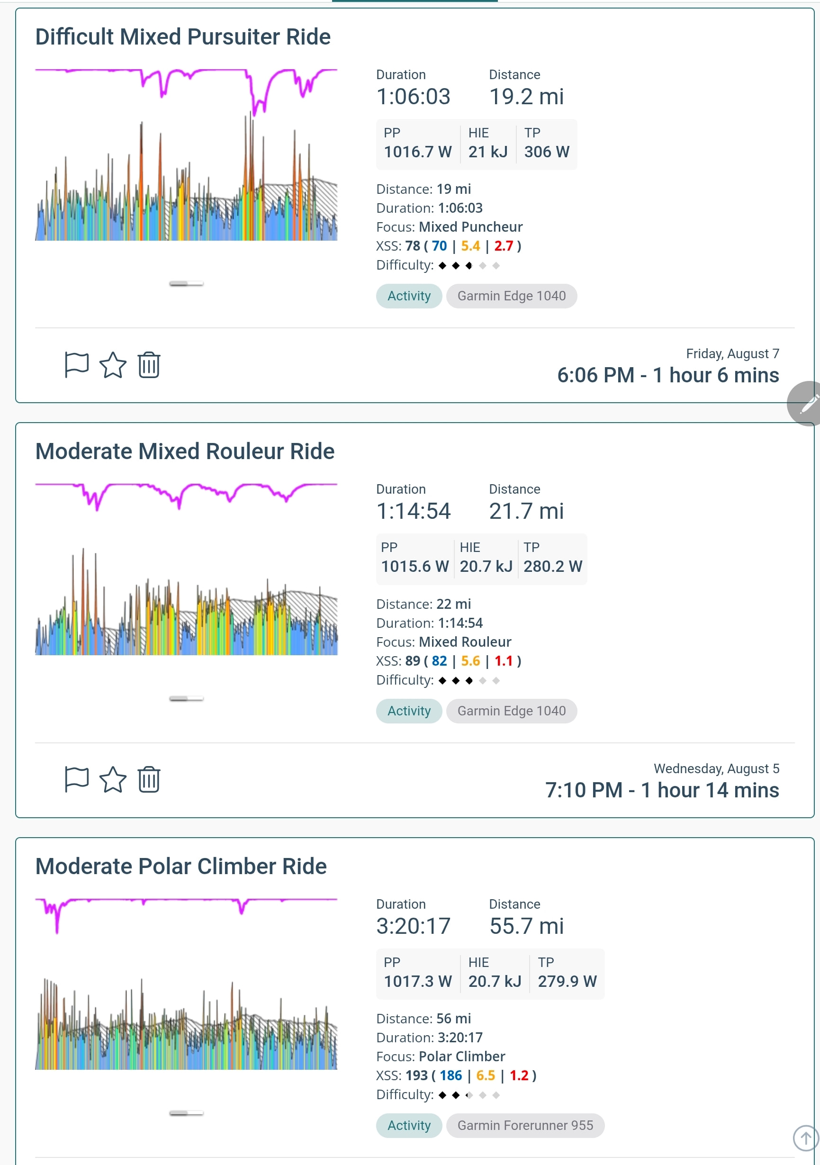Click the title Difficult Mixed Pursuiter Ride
pos(183,36)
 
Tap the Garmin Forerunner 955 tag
pos(525,1125)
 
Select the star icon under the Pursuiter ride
pos(113,365)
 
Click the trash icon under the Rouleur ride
pos(149,779)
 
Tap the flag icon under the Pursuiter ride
pos(77,365)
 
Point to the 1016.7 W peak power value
pos(418,152)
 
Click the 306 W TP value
pos(547,152)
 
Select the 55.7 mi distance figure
pos(526,926)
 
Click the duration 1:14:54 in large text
pos(413,511)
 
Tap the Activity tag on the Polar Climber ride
pos(409,1125)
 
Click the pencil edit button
pos(806,404)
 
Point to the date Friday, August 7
pos(732,353)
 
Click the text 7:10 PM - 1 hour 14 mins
pos(662,790)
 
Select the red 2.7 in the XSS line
pos(504,246)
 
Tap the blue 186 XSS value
pos(451,1076)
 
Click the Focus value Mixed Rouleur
pos(465,642)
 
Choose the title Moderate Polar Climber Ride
pos(180,866)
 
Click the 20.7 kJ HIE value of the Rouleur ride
pos(486,566)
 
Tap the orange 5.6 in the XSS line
pos(470,660)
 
